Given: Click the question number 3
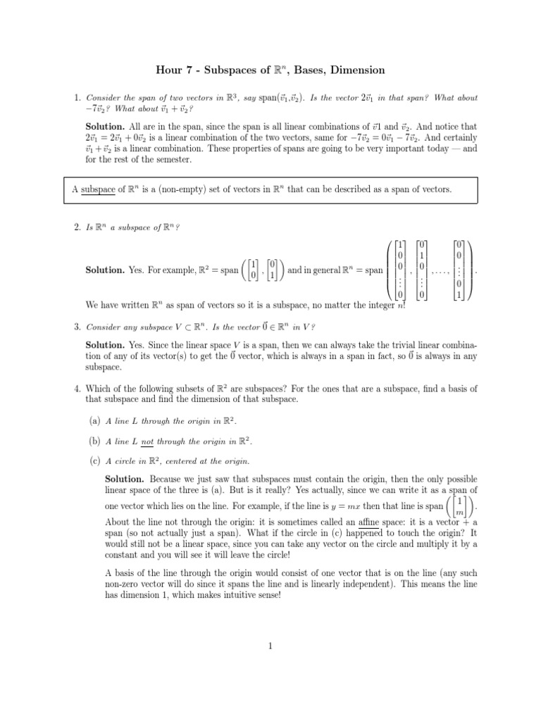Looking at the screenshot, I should pyautogui.click(x=77, y=327).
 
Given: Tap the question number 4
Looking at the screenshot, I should pyautogui.click(x=77, y=388).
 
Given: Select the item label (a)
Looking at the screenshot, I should pyautogui.click(x=94, y=420).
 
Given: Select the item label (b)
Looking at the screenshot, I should pyautogui.click(x=94, y=441).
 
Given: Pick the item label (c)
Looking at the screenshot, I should pyautogui.click(x=94, y=461).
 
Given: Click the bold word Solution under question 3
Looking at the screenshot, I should pyautogui.click(x=105, y=346).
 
